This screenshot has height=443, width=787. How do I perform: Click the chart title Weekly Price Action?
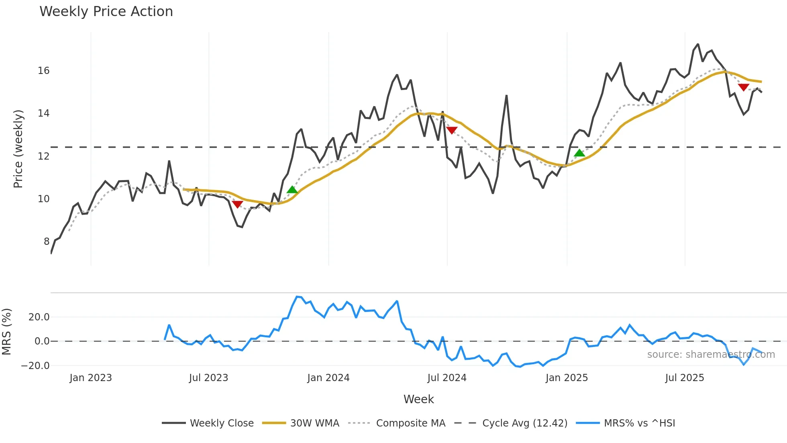(106, 11)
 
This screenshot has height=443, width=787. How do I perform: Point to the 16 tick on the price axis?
(44, 71)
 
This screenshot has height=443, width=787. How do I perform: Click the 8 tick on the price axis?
(47, 241)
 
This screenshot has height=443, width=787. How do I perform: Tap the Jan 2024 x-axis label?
(328, 378)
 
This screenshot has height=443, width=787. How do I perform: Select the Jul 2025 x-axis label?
(684, 378)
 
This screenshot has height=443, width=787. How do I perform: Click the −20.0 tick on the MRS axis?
(35, 366)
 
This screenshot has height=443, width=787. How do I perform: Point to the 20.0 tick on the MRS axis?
(39, 317)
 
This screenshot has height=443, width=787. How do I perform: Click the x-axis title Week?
(418, 399)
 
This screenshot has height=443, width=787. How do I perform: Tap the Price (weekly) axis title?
(18, 149)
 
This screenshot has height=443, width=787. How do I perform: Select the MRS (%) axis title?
(6, 332)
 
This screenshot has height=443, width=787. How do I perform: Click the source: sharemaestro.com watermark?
(711, 355)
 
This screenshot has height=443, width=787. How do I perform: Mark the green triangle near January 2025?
(579, 153)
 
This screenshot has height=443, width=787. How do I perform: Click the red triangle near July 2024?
(452, 130)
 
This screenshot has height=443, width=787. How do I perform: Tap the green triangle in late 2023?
(292, 190)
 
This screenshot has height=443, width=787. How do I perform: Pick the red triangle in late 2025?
(743, 87)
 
